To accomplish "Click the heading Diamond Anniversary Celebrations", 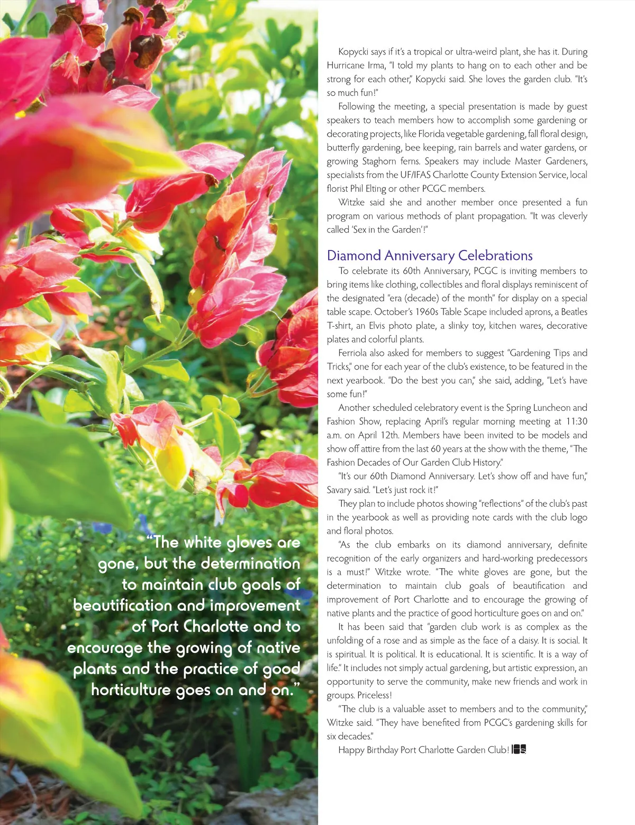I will (x=430, y=256).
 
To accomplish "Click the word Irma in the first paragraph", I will (x=377, y=66).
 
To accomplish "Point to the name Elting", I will (x=375, y=189).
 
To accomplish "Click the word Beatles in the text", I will (x=574, y=312).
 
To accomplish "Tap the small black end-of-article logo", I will (x=519, y=750).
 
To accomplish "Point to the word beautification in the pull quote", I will (x=123, y=606).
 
